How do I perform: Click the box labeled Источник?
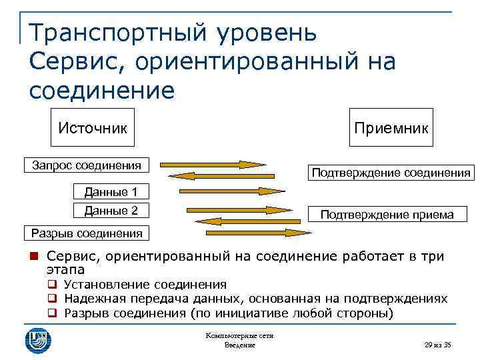click(x=93, y=127)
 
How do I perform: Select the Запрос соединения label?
click(x=87, y=165)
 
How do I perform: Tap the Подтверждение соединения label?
click(x=390, y=173)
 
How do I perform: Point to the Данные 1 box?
click(x=111, y=193)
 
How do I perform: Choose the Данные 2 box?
click(x=111, y=211)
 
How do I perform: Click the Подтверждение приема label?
click(x=387, y=214)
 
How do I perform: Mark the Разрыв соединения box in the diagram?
click(x=87, y=233)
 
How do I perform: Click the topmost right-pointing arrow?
click(x=213, y=164)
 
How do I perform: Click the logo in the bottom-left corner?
click(x=38, y=338)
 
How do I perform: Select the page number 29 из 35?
click(x=437, y=345)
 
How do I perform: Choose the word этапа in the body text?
click(x=65, y=269)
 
